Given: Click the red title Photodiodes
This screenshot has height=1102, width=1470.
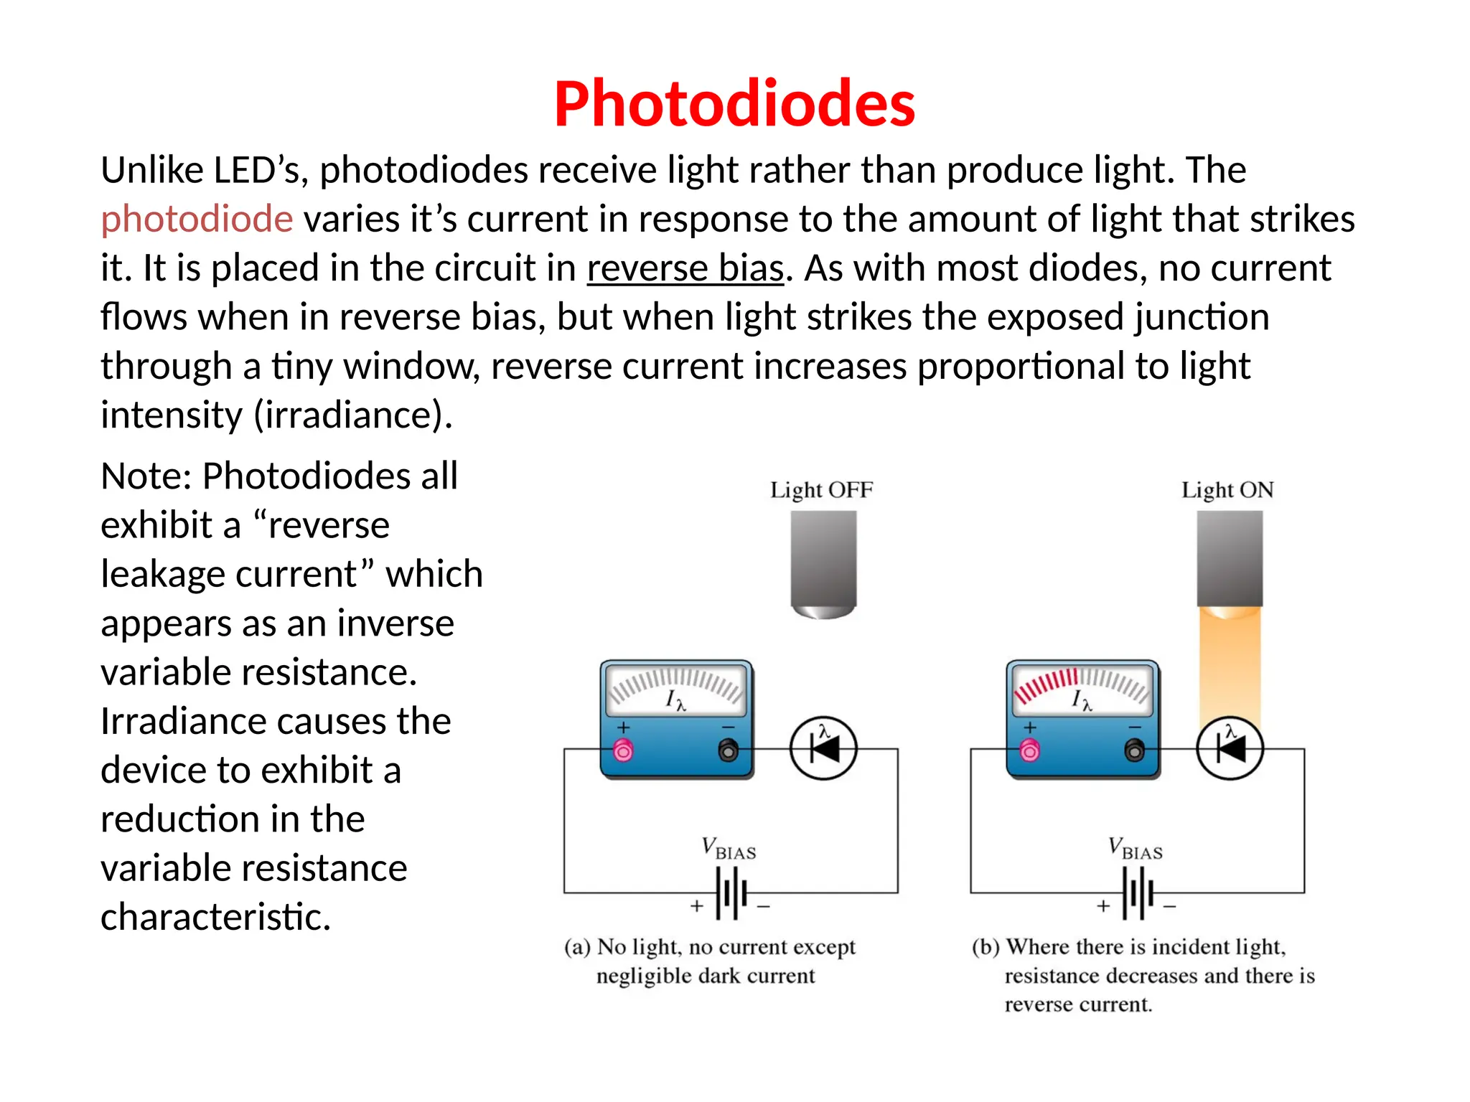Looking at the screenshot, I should pyautogui.click(x=734, y=104).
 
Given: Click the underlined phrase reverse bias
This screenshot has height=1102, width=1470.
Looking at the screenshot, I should pyautogui.click(x=685, y=268).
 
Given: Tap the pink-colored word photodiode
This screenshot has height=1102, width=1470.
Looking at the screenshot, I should pyautogui.click(x=197, y=219).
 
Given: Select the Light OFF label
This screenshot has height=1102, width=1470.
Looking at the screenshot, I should pyautogui.click(x=821, y=490).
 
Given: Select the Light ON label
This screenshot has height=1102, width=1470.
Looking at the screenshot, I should pyautogui.click(x=1227, y=490).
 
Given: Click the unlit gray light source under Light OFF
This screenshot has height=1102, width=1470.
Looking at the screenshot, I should pyautogui.click(x=823, y=563).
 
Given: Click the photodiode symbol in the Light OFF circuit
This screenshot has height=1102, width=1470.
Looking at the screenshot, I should pyautogui.click(x=823, y=749).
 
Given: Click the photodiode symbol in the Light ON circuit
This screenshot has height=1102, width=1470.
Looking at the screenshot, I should pyautogui.click(x=1230, y=749).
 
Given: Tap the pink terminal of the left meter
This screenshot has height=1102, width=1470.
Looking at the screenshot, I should pyautogui.click(x=623, y=751).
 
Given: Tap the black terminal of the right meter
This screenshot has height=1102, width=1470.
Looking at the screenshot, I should pyautogui.click(x=1135, y=751).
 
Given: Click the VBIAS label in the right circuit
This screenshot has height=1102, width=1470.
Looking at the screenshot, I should pyautogui.click(x=1135, y=849).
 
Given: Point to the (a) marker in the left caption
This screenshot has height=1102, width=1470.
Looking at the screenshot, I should pyautogui.click(x=577, y=948).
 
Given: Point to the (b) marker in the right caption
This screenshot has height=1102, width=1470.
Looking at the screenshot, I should pyautogui.click(x=986, y=948).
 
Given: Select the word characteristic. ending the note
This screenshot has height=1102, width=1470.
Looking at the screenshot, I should pyautogui.click(x=215, y=918).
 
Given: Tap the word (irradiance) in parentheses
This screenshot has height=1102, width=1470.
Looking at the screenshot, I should pyautogui.click(x=353, y=415).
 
